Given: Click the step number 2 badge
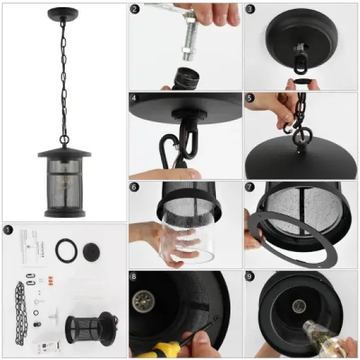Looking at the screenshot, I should [x=135, y=9].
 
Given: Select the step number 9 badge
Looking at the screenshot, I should [x=249, y=276].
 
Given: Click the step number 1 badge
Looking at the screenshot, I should [x=9, y=230].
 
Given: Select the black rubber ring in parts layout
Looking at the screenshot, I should [x=64, y=251].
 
